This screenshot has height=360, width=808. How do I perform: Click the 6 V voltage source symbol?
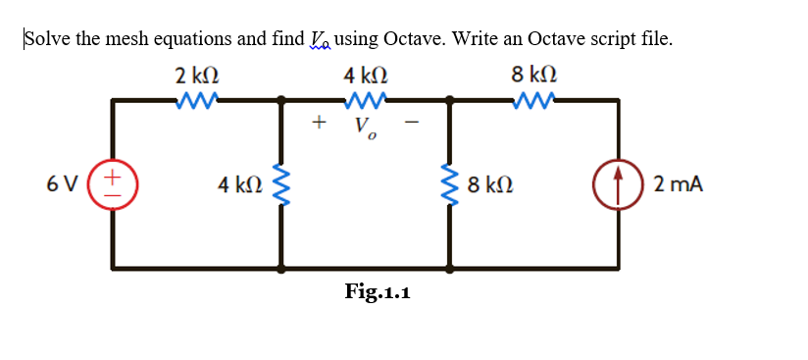tap(112, 182)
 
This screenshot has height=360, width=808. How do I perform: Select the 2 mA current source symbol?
tap(619, 182)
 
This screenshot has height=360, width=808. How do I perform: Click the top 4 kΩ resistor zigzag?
tap(366, 98)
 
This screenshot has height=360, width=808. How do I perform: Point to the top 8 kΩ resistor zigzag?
tap(534, 98)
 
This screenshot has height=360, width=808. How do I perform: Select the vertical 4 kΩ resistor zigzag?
tap(283, 183)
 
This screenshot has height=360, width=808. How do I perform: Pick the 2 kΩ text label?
tap(197, 75)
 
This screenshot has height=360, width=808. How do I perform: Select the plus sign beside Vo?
tap(317, 123)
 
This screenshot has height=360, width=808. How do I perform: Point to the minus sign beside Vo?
tap(413, 123)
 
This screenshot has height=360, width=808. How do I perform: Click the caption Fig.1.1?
tap(378, 291)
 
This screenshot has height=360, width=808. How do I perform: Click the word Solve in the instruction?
tap(45, 39)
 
